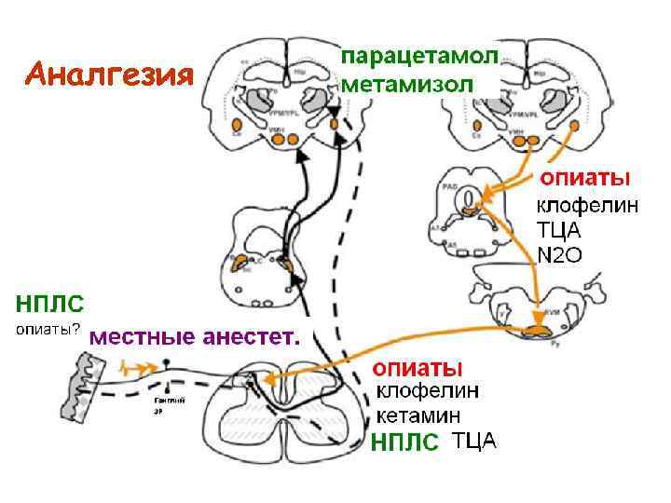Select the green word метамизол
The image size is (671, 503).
tap(408, 85)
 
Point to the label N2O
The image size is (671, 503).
tap(559, 255)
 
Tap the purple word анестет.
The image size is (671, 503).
tap(251, 336)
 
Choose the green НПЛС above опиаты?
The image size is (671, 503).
tap(49, 303)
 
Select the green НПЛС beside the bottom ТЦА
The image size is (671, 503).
tap(403, 443)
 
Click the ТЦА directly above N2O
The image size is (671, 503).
tap(559, 229)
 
